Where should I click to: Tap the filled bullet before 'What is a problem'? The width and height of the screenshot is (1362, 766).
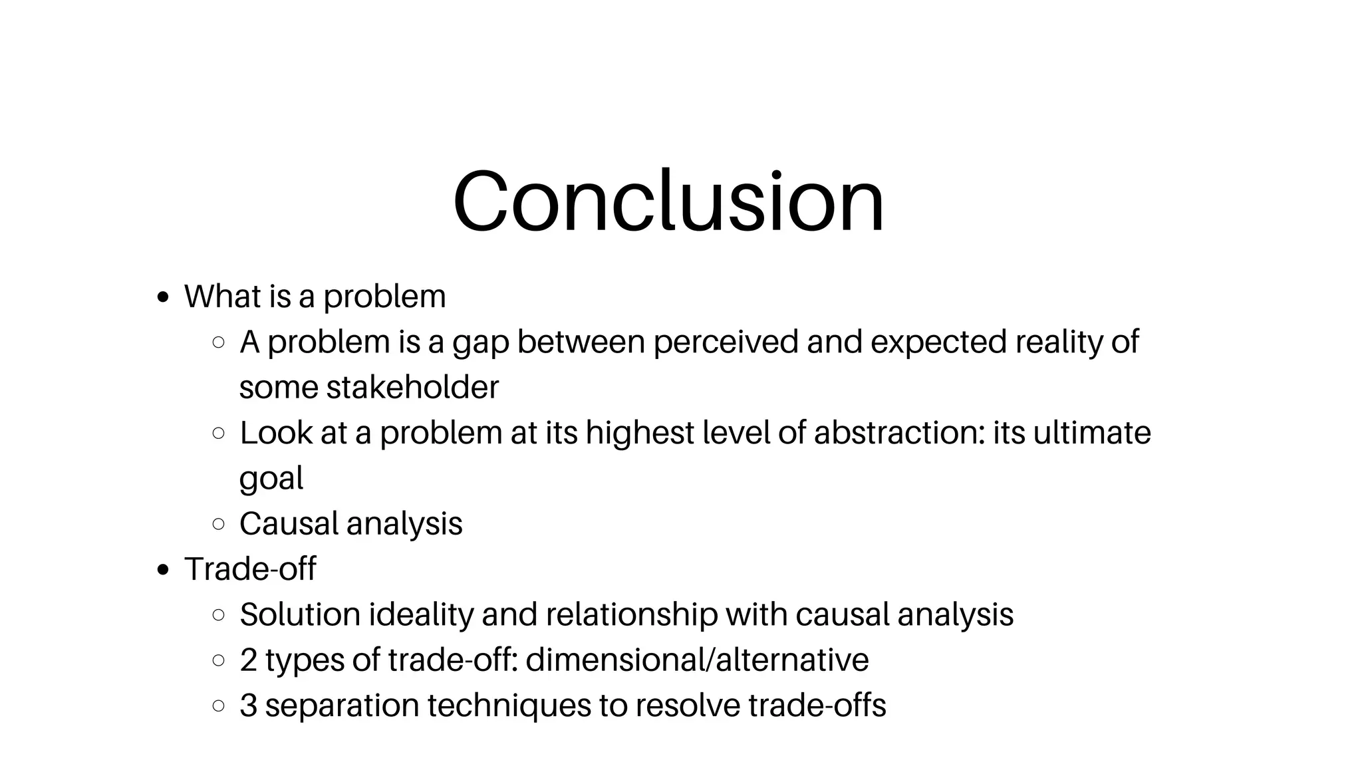pyautogui.click(x=163, y=297)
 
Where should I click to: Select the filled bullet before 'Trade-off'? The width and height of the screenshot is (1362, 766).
pyautogui.click(x=163, y=570)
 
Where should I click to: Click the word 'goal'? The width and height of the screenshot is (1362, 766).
pyautogui.click(x=271, y=479)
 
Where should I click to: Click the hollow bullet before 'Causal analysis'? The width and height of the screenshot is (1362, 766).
pyautogui.click(x=218, y=524)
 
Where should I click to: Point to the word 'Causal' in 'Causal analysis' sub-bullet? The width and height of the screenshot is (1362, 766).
pyautogui.click(x=289, y=524)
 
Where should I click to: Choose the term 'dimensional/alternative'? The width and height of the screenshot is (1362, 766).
pyautogui.click(x=697, y=660)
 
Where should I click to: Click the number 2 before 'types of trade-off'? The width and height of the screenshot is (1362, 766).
pyautogui.click(x=249, y=660)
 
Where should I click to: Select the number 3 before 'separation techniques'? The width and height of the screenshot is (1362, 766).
pyautogui.click(x=249, y=705)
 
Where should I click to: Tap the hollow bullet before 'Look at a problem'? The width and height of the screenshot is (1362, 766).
pyautogui.click(x=218, y=433)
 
